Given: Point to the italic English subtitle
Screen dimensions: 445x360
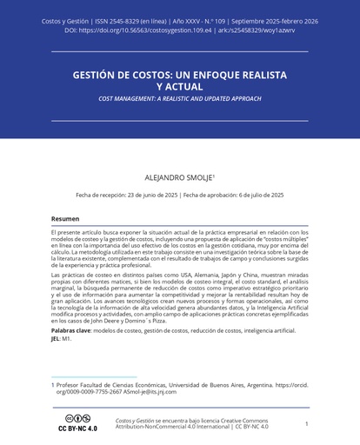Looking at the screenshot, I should (x=179, y=99).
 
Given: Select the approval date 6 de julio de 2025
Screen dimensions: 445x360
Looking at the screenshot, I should (x=251, y=195).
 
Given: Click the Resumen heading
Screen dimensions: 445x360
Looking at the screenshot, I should (x=64, y=219).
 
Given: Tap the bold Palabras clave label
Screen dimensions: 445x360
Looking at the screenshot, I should (x=70, y=332).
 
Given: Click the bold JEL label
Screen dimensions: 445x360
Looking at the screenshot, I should (x=56, y=339).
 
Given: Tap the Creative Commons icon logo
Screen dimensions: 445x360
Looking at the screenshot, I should (x=77, y=419).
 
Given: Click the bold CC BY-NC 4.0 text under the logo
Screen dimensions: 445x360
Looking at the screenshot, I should (x=77, y=428).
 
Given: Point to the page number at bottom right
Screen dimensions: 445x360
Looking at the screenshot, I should (x=306, y=423).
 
